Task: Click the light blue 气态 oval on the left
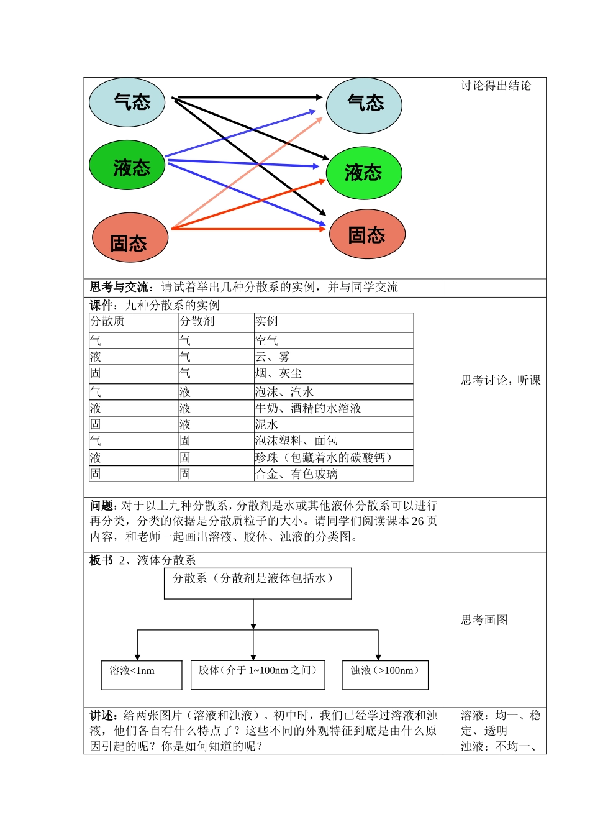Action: pyautogui.click(x=127, y=102)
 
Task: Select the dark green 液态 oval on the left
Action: pyautogui.click(x=127, y=166)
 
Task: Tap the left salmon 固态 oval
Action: pyautogui.click(x=130, y=238)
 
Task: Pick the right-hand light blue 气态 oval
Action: pyautogui.click(x=365, y=105)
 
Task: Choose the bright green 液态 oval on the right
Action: pyautogui.click(x=364, y=173)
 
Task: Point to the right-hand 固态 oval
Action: pyautogui.click(x=367, y=234)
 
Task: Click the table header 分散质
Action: pyautogui.click(x=107, y=321)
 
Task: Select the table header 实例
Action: pyautogui.click(x=266, y=321)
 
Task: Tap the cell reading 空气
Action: pyautogui.click(x=266, y=340)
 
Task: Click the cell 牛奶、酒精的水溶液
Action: pyautogui.click(x=308, y=408)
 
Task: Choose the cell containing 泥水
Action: pyautogui.click(x=266, y=424)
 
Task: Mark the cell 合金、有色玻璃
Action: pyautogui.click(x=296, y=474)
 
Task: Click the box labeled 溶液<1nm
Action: pyautogui.click(x=142, y=675)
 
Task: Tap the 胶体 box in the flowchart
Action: pyautogui.click(x=258, y=675)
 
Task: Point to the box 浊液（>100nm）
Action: pyautogui.click(x=385, y=675)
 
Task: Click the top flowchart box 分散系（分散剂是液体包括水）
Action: pyautogui.click(x=258, y=583)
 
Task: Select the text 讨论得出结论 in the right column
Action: pyautogui.click(x=496, y=86)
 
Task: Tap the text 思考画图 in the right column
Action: pyautogui.click(x=484, y=620)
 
